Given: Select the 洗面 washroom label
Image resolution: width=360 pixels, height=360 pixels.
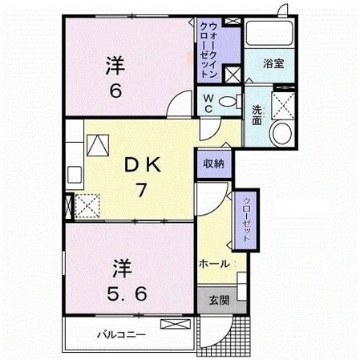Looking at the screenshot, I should tap(257, 115).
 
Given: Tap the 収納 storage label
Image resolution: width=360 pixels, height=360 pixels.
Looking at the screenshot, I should tap(213, 163).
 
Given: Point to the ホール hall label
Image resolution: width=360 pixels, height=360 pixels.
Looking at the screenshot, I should tap(215, 263).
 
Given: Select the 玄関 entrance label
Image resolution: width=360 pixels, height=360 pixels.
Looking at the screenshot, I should tap(219, 300).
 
